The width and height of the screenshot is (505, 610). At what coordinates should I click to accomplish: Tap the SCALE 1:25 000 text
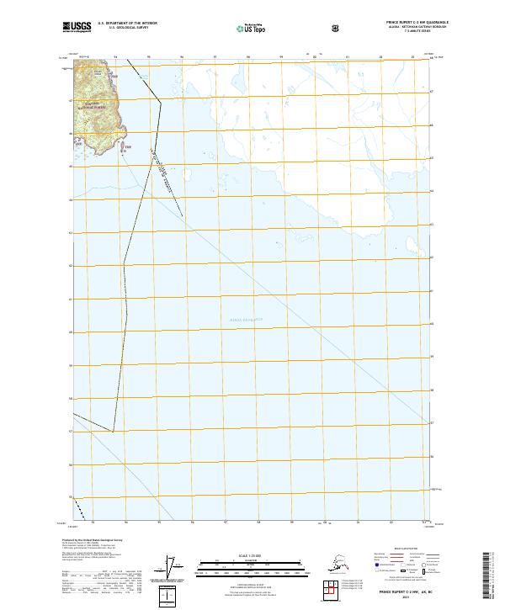pyautogui.click(x=250, y=554)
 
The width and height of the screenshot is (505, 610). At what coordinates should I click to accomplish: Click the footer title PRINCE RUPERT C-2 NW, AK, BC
pyautogui.click(x=401, y=592)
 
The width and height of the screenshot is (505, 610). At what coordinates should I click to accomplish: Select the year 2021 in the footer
pyautogui.click(x=401, y=598)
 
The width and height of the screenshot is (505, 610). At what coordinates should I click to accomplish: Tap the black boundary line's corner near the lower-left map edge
pyautogui.click(x=114, y=431)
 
